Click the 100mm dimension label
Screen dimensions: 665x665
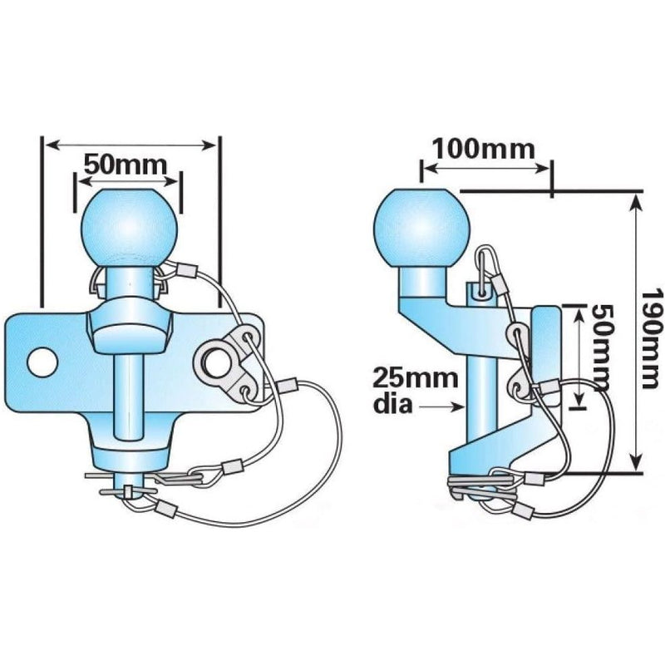tap(483, 150)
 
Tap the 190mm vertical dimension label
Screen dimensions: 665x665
tap(653, 338)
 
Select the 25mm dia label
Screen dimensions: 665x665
tap(415, 391)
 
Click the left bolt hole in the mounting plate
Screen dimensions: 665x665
tap(42, 362)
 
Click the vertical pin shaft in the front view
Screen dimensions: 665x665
tap(127, 398)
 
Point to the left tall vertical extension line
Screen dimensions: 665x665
tap(42, 221)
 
